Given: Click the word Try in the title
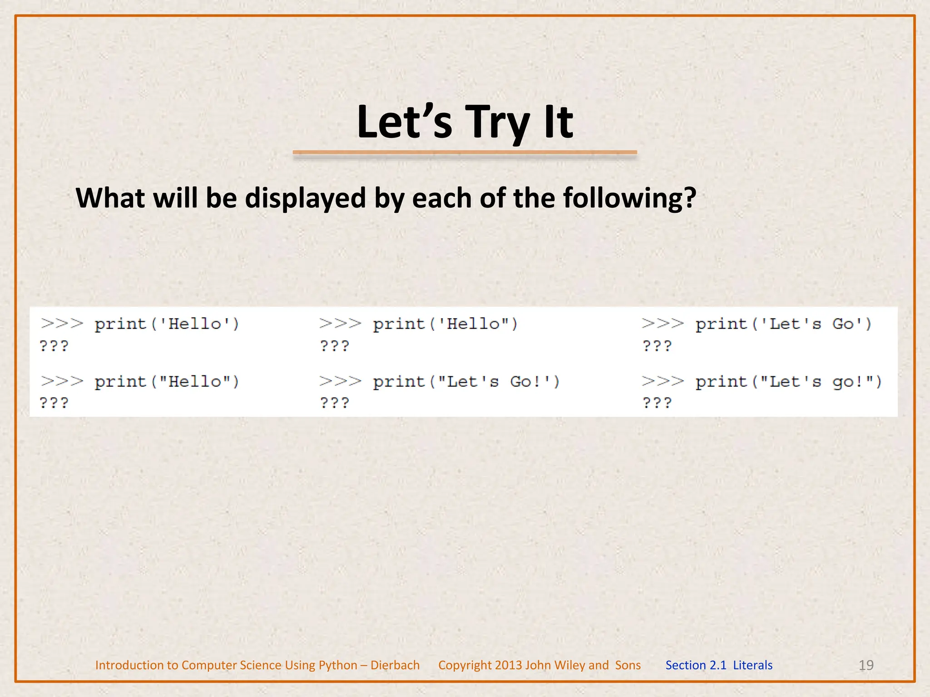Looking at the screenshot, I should [x=498, y=123].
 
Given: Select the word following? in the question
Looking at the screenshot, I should [x=629, y=198].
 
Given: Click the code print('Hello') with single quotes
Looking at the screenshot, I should [x=167, y=324].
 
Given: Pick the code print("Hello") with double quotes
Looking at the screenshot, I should [x=167, y=382].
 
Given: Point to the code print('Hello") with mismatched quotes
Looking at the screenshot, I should [x=445, y=324].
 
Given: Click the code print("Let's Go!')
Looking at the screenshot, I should [x=466, y=382].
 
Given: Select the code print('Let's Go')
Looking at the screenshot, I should [x=783, y=324].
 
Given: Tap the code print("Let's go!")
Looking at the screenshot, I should [x=788, y=382].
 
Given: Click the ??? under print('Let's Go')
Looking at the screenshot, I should [x=657, y=346].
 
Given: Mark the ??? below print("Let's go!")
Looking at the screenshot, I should [x=657, y=403].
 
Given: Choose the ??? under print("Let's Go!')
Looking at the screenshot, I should [x=335, y=403].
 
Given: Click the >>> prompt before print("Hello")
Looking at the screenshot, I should [x=62, y=381].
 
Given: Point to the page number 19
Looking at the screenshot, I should [x=866, y=665].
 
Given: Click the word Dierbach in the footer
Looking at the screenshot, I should [x=395, y=665].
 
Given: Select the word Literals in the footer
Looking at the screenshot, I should [x=752, y=665].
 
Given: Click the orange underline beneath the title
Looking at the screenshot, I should [x=465, y=153].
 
